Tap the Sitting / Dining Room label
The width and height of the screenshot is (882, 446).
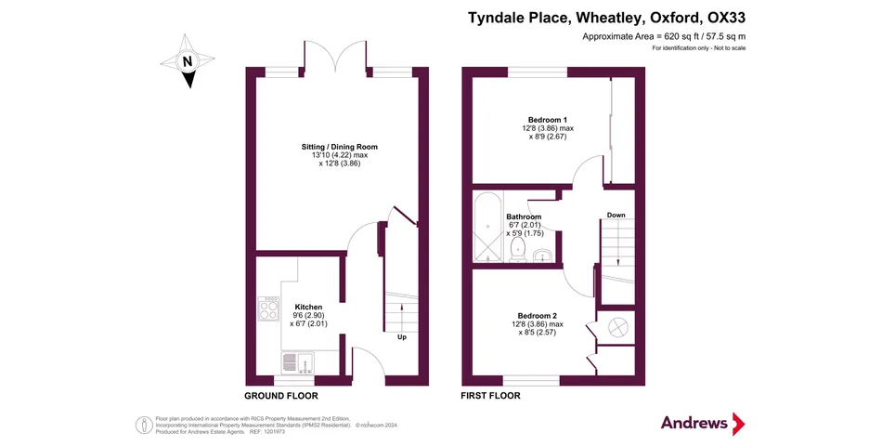[339, 147]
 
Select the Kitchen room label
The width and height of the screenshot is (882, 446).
[308, 307]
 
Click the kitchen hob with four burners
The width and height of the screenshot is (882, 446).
[269, 308]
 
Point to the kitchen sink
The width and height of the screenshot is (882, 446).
[298, 361]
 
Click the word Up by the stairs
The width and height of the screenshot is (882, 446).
[402, 336]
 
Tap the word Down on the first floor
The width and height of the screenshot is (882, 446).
[616, 215]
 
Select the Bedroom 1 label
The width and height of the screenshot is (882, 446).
[548, 120]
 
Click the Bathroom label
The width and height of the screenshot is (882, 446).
[524, 216]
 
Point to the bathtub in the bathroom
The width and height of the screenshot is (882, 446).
[486, 227]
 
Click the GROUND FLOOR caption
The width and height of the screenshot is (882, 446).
[281, 396]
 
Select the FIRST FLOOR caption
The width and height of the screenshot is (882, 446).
[490, 396]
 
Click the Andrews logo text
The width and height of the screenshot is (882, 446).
[694, 423]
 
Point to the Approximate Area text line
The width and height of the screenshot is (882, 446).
[663, 36]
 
